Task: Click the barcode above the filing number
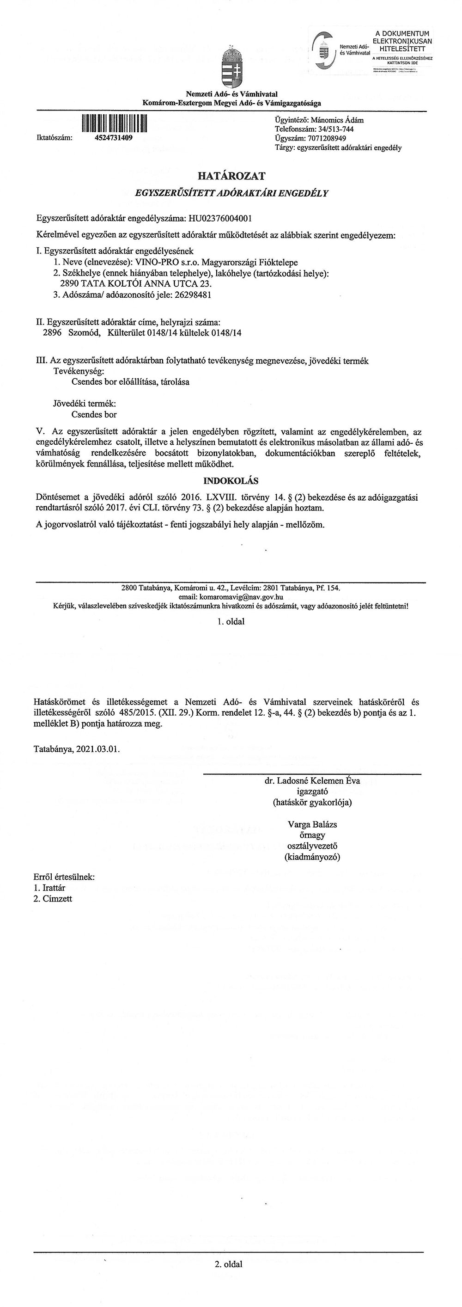pos(115,124)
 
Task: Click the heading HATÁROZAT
pos(231,176)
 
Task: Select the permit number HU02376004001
pos(220,219)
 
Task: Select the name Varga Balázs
pos(312,824)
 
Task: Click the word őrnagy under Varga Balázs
pos(312,835)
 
